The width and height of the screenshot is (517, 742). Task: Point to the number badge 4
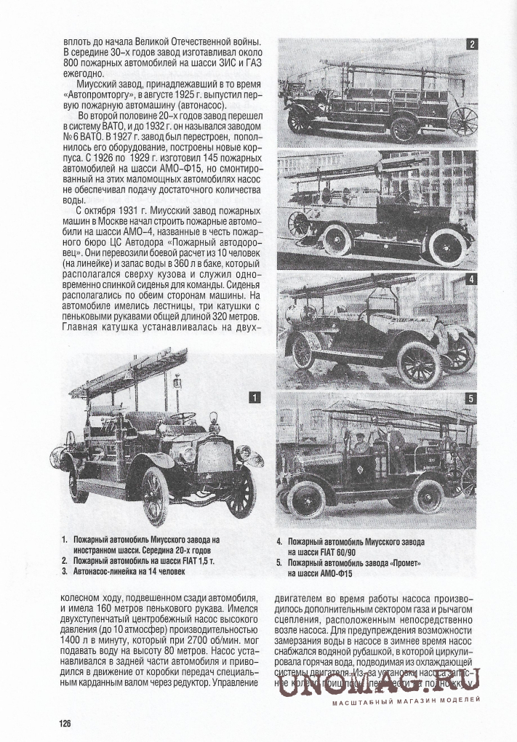[x=470, y=279]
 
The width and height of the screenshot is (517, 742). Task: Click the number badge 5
[x=470, y=399]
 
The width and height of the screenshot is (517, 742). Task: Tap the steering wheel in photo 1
[x=183, y=418]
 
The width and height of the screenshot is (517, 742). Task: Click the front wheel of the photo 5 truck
[x=306, y=498]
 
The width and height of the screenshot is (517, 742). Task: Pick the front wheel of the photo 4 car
[x=419, y=364]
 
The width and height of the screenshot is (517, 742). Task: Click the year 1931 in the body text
[x=110, y=212]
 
